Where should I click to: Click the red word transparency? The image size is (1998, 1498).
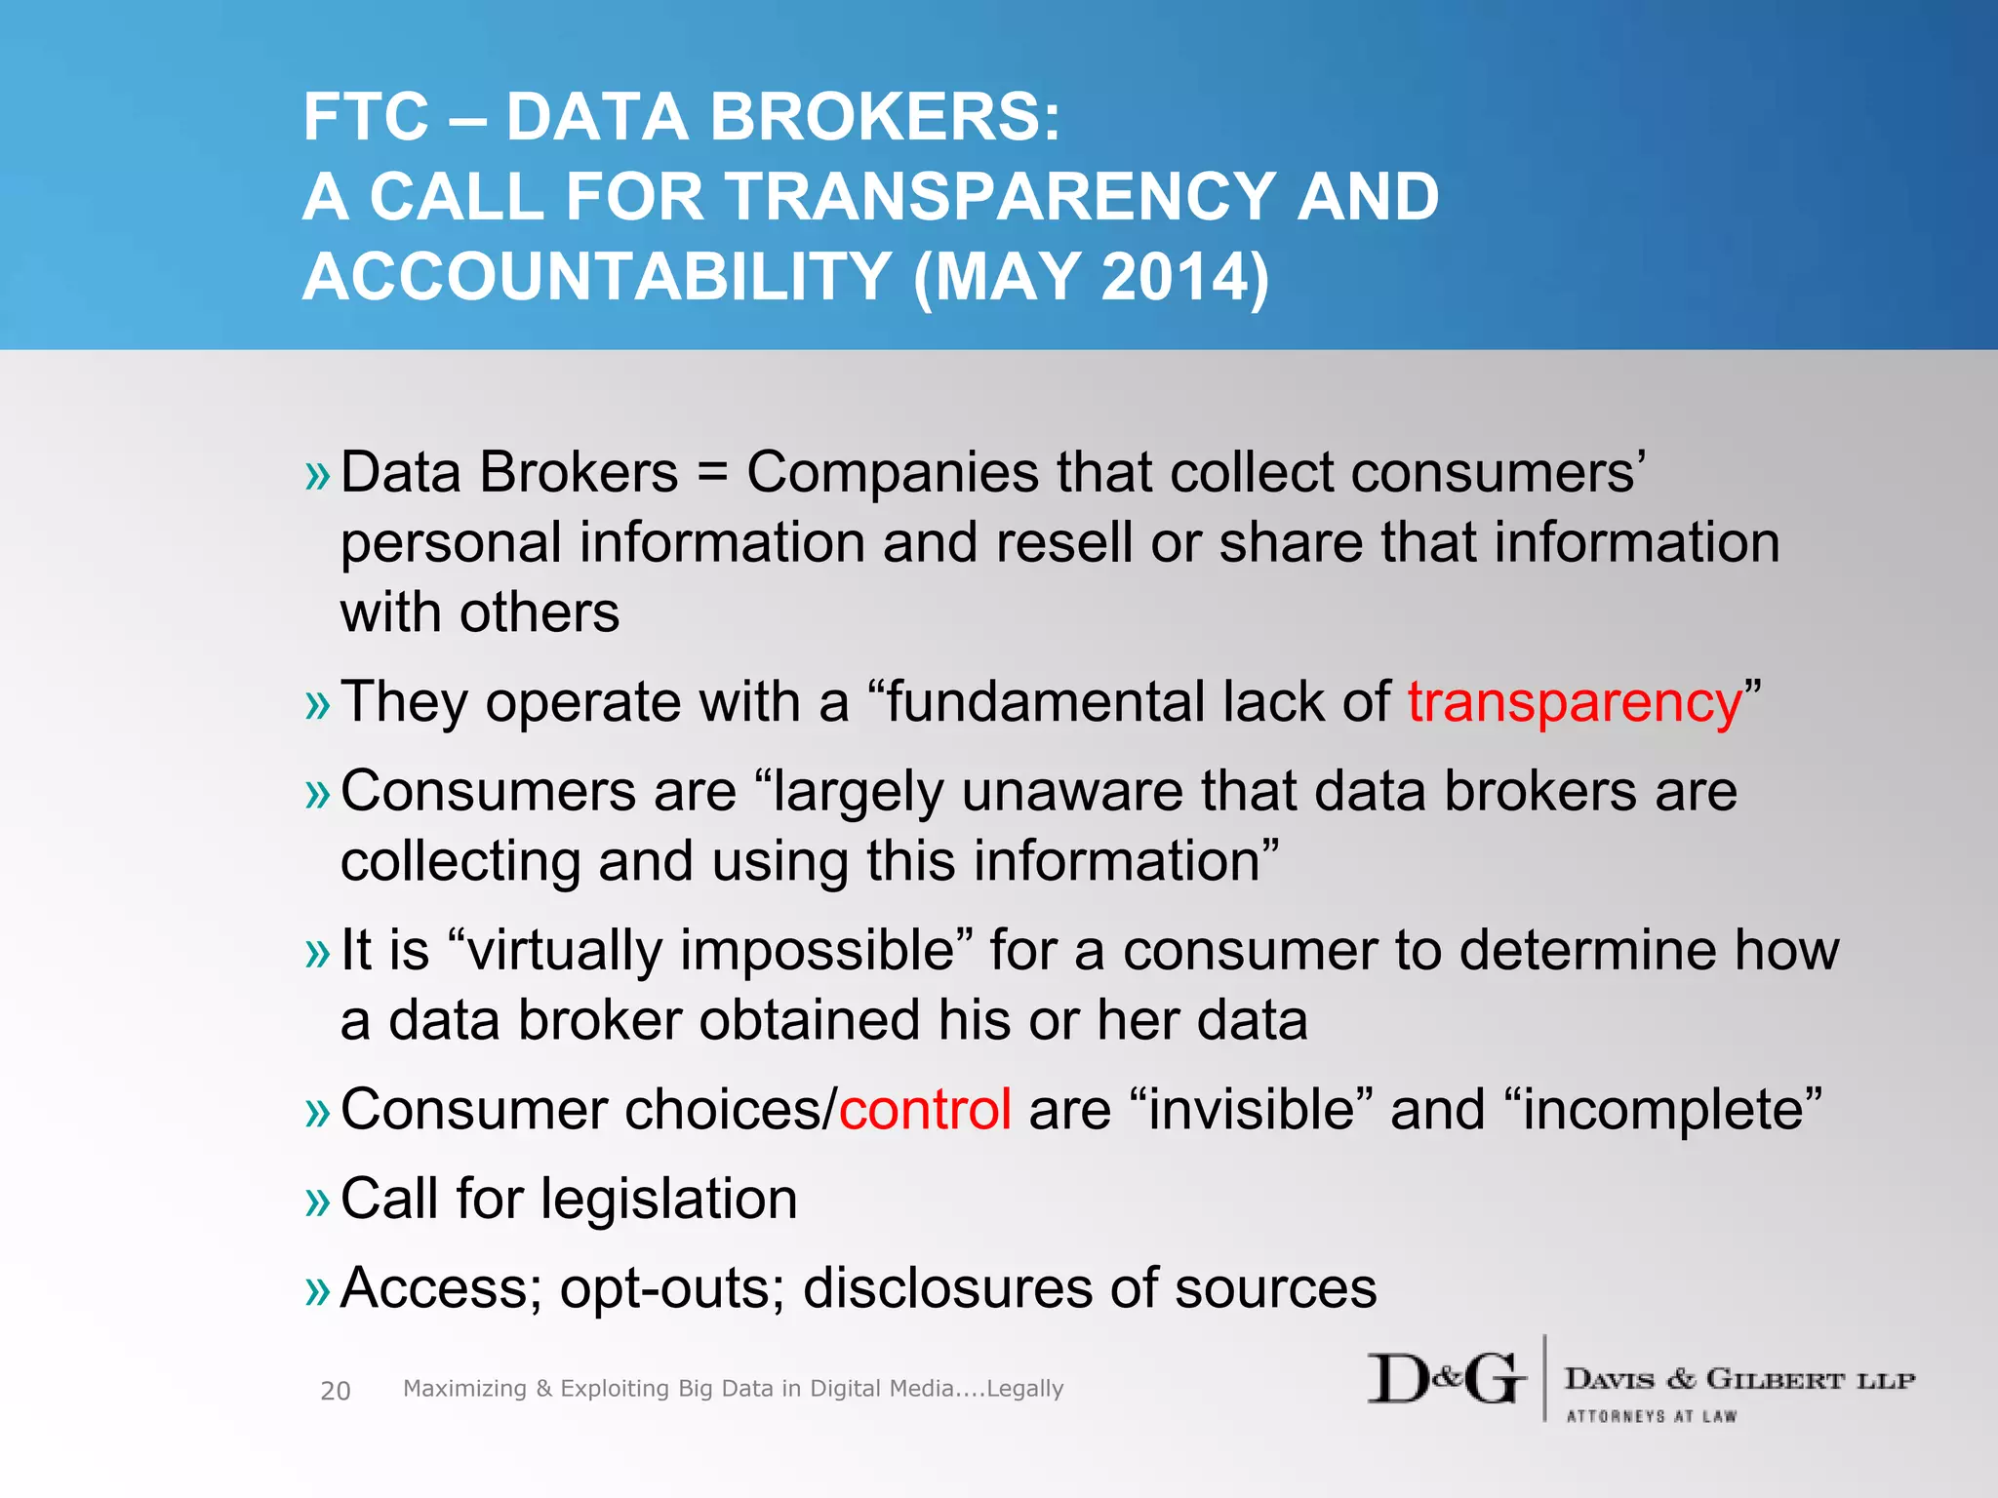point(1574,704)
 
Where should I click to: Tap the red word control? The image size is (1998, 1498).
point(925,1111)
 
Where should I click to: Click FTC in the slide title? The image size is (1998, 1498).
point(366,118)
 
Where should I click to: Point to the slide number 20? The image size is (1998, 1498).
point(335,1391)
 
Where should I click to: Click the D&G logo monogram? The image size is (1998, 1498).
point(1446,1379)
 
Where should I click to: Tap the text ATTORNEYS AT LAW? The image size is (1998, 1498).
point(1651,1416)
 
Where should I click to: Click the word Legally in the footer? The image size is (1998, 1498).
point(1024,1389)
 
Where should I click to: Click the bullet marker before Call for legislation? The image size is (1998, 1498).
point(318,1202)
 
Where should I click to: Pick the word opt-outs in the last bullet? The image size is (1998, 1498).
point(672,1289)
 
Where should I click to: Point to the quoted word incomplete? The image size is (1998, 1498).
point(1662,1111)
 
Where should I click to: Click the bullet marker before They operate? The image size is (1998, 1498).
point(318,704)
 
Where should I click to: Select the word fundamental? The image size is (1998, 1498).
point(1045,702)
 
